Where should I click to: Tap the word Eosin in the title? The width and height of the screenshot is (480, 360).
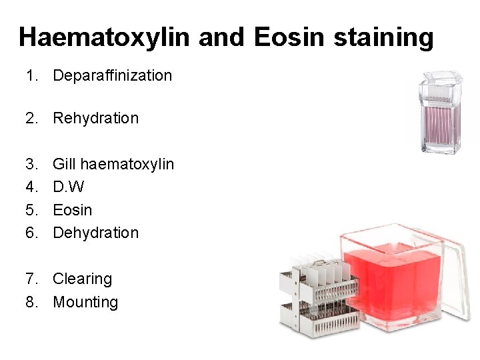coord(289,37)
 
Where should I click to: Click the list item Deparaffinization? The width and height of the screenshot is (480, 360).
coord(112,75)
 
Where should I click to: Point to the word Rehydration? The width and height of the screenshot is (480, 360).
coord(95,118)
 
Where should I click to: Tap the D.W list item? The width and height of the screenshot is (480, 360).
coord(68,187)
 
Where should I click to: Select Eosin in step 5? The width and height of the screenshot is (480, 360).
coord(72,210)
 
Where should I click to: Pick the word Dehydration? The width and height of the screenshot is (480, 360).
coord(95,233)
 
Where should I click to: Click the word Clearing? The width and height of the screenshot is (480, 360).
coord(82,279)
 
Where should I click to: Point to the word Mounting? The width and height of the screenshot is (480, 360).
coord(85,302)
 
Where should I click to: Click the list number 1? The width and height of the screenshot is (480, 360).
coord(30,75)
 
